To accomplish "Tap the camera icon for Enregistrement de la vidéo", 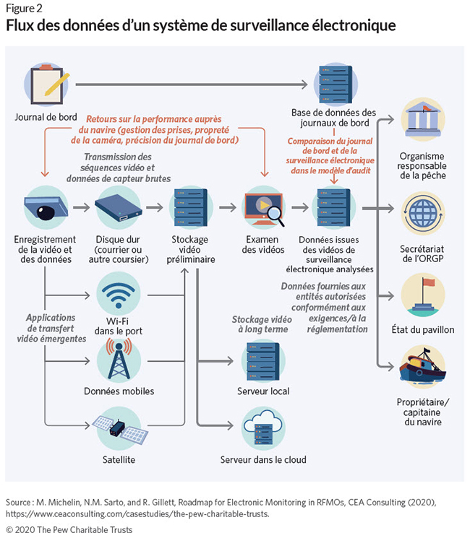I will (x=45, y=207).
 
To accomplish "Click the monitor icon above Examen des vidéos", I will (x=265, y=207).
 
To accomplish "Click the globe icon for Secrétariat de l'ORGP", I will (x=422, y=214).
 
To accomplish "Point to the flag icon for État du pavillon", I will (x=422, y=296).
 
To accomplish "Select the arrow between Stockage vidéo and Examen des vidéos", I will (x=228, y=207).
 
